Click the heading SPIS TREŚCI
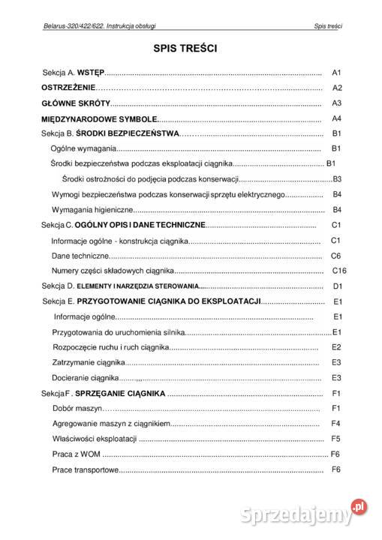coord(185,49)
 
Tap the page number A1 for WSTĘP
coord(336,73)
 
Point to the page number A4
coord(336,118)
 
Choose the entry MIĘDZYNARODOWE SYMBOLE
coord(99,118)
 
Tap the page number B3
coord(337,179)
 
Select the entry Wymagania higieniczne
coord(92,209)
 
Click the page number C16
coord(338,270)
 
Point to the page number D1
coord(337,286)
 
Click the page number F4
coord(336,424)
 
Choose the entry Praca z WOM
coord(77,454)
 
